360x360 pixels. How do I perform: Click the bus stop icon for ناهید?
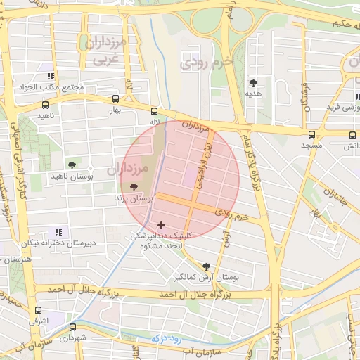(x=46, y=103)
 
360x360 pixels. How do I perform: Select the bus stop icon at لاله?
(x=154, y=110)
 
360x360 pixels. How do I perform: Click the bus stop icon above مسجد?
(x=311, y=134)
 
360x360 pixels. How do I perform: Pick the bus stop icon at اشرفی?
(x=38, y=310)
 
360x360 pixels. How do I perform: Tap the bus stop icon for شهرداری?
(x=72, y=327)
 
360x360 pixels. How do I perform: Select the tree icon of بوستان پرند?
(x=134, y=188)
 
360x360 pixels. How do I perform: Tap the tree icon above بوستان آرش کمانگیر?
(x=205, y=266)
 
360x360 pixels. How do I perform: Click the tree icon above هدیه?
(x=253, y=82)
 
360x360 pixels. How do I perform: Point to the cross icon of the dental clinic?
(x=161, y=225)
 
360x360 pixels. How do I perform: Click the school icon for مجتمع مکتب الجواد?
(x=51, y=76)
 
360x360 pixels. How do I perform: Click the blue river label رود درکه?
(x=167, y=339)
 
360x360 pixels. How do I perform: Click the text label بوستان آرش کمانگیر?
(x=207, y=278)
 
